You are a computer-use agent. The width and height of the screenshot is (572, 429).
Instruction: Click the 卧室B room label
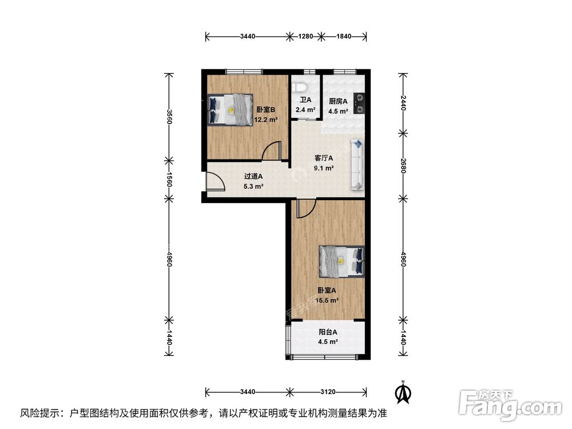click(x=266, y=110)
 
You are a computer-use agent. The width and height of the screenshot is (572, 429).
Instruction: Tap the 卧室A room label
click(x=328, y=290)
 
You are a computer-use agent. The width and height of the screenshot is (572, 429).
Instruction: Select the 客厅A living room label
click(x=324, y=158)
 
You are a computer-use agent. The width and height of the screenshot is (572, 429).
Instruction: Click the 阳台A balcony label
click(x=328, y=332)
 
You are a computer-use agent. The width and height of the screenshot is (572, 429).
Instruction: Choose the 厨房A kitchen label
click(x=338, y=102)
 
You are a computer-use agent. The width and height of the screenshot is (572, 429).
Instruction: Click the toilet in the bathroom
click(x=300, y=87)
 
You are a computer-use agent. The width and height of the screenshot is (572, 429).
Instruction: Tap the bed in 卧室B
click(x=230, y=109)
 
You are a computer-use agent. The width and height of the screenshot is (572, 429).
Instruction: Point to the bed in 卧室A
click(x=341, y=260)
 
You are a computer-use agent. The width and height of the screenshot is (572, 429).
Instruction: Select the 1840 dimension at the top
click(x=343, y=37)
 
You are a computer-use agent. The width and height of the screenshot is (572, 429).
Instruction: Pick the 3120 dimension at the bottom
click(x=328, y=392)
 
